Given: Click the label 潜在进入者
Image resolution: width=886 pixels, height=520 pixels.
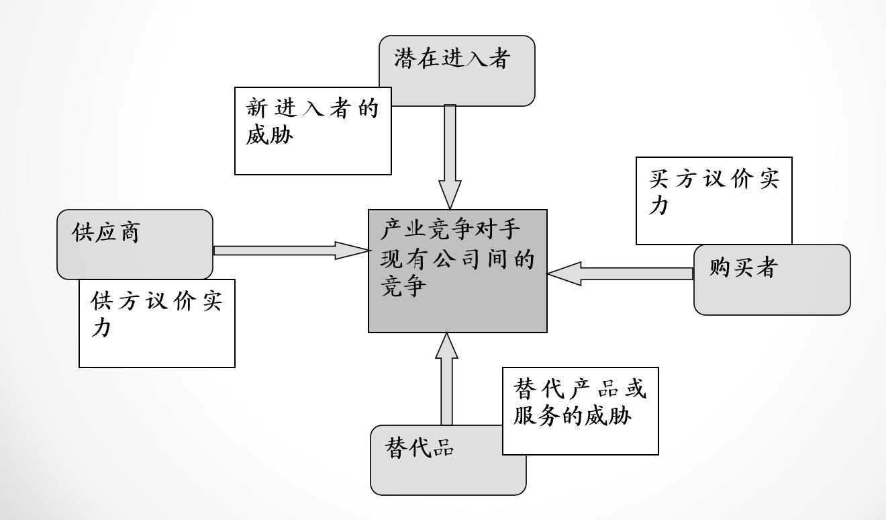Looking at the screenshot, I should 453,58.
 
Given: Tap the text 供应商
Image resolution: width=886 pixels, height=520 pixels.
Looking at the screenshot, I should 105,232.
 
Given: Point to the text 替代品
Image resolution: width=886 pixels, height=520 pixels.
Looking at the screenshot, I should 420,447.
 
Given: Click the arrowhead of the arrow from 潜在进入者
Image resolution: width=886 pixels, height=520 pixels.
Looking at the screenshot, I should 450,195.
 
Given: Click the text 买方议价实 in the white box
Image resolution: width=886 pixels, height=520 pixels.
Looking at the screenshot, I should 713,179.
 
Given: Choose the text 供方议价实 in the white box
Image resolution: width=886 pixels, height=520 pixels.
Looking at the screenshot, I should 156,302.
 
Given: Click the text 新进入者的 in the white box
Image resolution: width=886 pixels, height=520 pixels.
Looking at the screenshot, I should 313,108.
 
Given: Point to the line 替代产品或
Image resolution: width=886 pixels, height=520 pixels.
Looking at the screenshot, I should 580,389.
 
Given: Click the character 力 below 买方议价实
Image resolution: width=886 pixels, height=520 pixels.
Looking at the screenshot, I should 659,206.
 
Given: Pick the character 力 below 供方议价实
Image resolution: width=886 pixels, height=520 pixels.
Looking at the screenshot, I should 101,329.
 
